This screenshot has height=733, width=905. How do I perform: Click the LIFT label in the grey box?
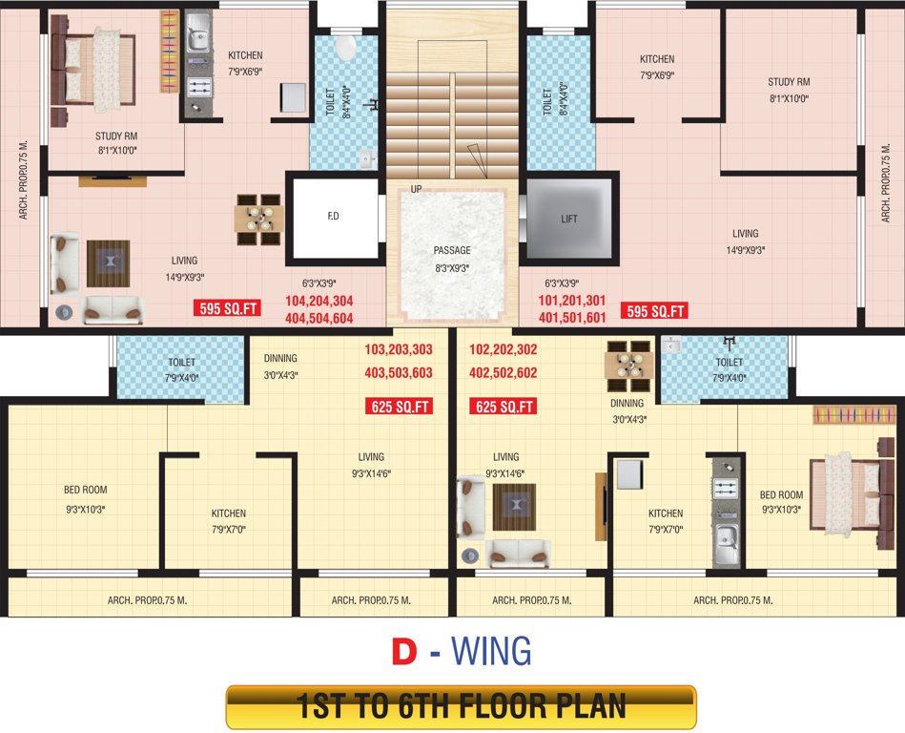[x=569, y=219]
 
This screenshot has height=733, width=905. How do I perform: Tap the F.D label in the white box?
[x=333, y=217]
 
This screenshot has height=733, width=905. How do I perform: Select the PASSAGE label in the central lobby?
[x=453, y=251]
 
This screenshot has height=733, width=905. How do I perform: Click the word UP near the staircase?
[x=416, y=190]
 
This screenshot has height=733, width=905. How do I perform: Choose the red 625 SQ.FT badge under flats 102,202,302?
[x=504, y=407]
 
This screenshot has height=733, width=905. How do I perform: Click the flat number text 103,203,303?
[x=398, y=349]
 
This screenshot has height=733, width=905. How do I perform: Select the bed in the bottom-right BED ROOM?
[x=844, y=492]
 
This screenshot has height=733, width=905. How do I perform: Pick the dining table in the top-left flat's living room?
[x=258, y=218]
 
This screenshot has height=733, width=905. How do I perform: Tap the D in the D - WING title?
[x=404, y=651]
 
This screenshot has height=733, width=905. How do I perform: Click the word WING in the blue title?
[x=490, y=651]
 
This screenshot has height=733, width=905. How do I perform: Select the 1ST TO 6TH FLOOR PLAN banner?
[x=461, y=707]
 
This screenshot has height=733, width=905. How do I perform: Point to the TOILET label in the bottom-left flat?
[x=181, y=363]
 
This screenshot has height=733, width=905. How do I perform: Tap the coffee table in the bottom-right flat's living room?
[x=514, y=505]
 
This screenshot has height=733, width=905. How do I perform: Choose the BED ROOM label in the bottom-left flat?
[x=85, y=491]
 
